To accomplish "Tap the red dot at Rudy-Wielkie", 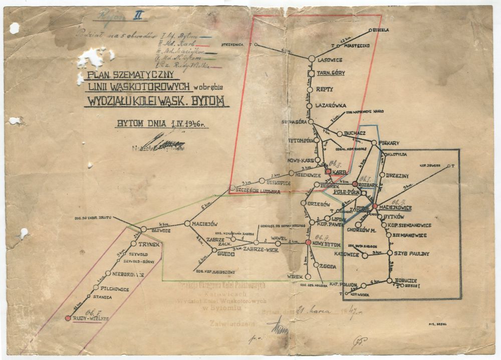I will click(68, 318).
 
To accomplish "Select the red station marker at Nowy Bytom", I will click(308, 242).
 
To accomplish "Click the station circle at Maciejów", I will click(187, 223).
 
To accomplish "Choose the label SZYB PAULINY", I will click(411, 254).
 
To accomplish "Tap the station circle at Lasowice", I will click(311, 59).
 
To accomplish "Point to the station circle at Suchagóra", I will click(311, 121).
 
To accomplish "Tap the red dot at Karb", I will click(328, 171).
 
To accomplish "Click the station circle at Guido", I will click(213, 254).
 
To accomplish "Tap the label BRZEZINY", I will click(399, 175).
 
